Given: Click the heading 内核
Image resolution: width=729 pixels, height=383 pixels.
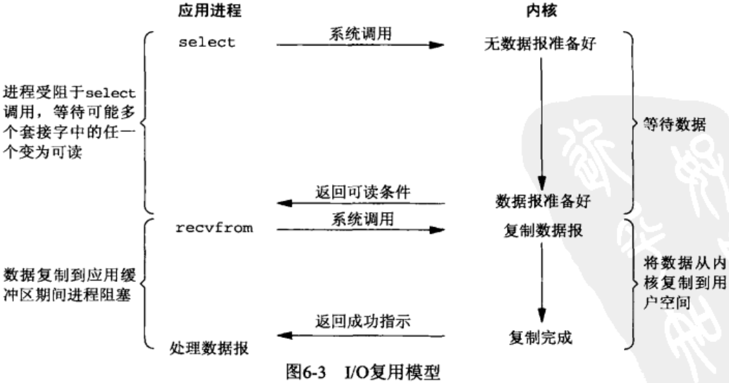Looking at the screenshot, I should point(543,13).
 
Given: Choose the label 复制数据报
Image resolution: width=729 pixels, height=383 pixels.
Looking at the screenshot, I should point(543,232).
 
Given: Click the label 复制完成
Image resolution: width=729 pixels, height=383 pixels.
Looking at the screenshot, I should point(543,338).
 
